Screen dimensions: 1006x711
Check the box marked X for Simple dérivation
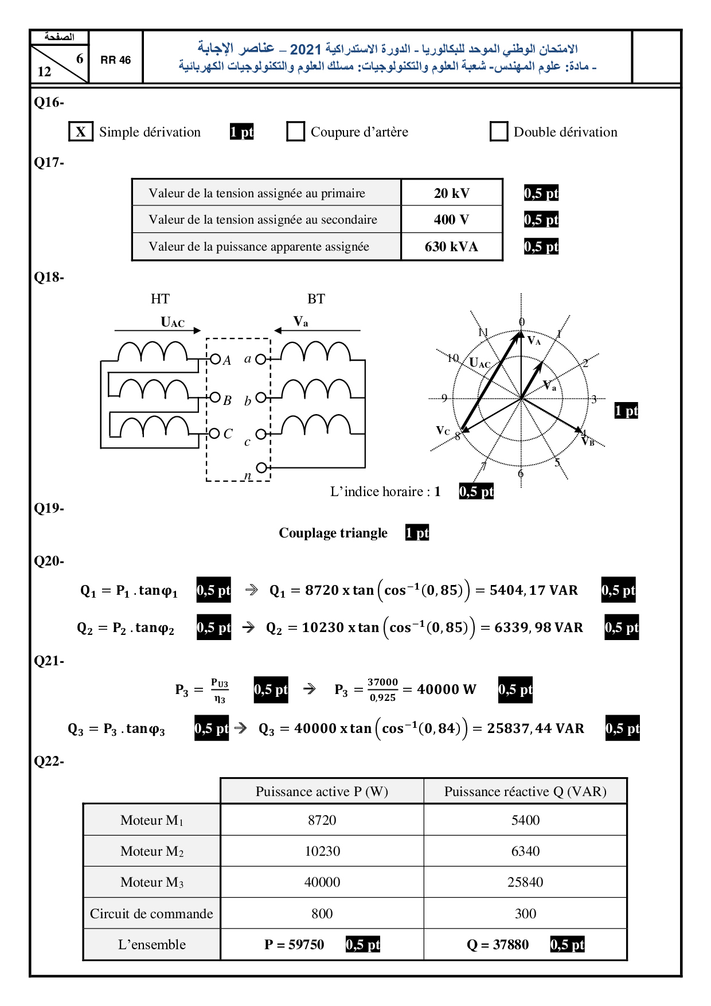(81, 132)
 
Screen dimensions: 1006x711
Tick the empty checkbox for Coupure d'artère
(295, 131)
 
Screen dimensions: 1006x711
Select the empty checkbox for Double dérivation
(499, 131)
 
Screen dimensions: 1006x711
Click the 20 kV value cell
(452, 193)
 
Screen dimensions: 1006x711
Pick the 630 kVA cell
(451, 247)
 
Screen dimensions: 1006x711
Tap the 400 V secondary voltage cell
(451, 220)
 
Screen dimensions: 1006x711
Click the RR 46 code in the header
(116, 60)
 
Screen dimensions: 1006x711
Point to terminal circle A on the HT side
(215, 359)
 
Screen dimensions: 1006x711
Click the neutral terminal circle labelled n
(261, 467)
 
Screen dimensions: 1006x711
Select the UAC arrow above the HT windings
(158, 330)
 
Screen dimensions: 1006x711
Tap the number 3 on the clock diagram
(594, 399)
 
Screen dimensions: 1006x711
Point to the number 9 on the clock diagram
(444, 398)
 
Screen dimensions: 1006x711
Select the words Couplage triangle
(333, 533)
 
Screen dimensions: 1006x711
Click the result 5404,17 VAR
(533, 590)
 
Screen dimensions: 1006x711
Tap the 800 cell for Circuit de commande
(322, 914)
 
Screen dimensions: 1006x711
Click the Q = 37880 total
(498, 945)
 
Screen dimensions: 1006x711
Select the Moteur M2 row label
(152, 851)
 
